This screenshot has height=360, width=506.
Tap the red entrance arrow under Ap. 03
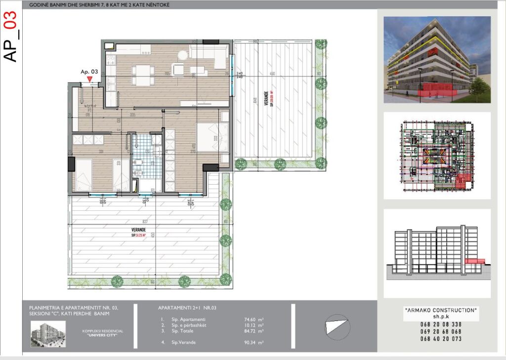coord(89,79)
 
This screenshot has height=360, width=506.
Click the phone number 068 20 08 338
coord(441,324)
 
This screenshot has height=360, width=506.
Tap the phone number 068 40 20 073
coord(441,339)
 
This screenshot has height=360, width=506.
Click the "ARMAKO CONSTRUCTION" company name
coord(441,310)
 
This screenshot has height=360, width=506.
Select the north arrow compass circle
coord(336,328)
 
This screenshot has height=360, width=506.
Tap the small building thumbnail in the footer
coord(47,333)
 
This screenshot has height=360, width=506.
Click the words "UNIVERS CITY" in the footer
coord(102,335)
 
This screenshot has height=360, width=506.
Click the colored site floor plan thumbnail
coord(437,156)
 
